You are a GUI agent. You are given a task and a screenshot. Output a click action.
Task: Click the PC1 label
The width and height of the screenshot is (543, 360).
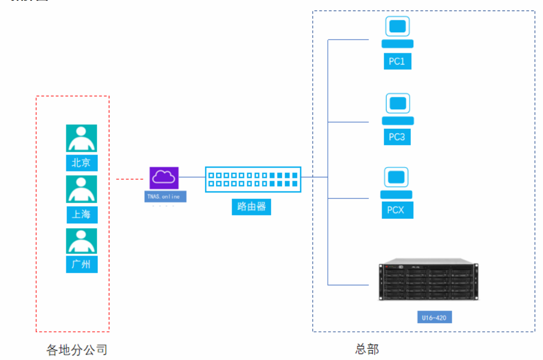pyautogui.click(x=397, y=61)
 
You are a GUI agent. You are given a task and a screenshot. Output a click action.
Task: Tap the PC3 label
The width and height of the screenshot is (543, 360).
pyautogui.click(x=397, y=137)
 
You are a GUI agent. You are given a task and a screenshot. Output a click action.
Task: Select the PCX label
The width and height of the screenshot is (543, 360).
pyautogui.click(x=397, y=210)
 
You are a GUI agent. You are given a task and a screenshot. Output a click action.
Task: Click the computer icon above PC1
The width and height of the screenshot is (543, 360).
pyautogui.click(x=398, y=32)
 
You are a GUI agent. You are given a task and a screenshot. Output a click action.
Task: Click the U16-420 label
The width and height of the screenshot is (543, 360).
pyautogui.click(x=434, y=317)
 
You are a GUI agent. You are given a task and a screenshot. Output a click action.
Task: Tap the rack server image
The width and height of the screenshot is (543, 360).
pyautogui.click(x=429, y=279)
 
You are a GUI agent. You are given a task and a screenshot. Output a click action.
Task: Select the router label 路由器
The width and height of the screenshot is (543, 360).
pyautogui.click(x=251, y=207)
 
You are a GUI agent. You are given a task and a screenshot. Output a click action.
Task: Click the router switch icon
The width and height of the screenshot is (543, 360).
pyautogui.click(x=253, y=179)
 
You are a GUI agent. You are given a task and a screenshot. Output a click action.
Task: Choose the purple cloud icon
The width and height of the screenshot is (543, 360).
pyautogui.click(x=164, y=178)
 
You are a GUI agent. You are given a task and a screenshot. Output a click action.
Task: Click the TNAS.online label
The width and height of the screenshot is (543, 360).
pyautogui.click(x=165, y=197)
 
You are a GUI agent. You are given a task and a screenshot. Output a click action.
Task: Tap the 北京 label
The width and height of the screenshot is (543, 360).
pyautogui.click(x=81, y=163)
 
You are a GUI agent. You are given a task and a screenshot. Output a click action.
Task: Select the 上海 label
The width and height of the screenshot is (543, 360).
pyautogui.click(x=82, y=215)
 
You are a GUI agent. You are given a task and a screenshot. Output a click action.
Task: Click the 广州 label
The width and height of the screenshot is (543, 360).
pyautogui.click(x=81, y=264)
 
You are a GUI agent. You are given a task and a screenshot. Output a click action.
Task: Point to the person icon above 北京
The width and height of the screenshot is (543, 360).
pyautogui.click(x=81, y=138)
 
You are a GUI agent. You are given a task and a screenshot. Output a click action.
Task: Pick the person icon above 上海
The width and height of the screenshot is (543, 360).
pyautogui.click(x=81, y=189)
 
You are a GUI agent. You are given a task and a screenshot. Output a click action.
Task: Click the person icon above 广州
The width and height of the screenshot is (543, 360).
pyautogui.click(x=81, y=241)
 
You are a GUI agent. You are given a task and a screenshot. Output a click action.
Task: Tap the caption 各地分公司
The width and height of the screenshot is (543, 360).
pyautogui.click(x=77, y=349)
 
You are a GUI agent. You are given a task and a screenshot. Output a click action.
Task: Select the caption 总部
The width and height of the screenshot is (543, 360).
pyautogui.click(x=367, y=349)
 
